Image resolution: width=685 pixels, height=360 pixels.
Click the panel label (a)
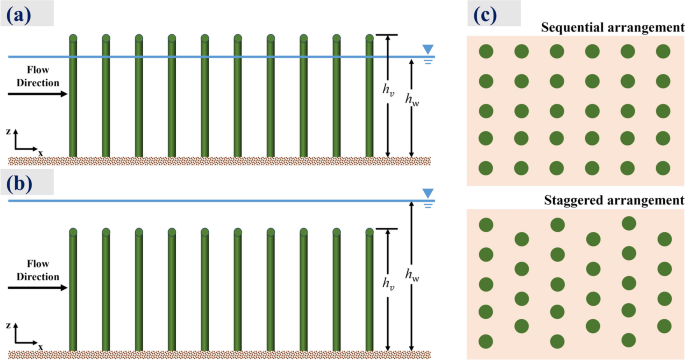coord(18,14)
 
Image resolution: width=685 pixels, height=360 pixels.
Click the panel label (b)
coord(18,184)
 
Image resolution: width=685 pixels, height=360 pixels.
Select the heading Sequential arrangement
coord(611,26)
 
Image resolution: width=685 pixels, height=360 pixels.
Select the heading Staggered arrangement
coord(614,201)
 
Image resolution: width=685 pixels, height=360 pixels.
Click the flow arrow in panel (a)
coord(38,95)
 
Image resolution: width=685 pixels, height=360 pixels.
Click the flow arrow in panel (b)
coord(38,288)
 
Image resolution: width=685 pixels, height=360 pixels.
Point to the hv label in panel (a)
coord(387,88)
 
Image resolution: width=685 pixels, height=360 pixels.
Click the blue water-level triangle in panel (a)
coord(429,49)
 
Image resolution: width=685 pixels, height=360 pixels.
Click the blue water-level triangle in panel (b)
coord(429,193)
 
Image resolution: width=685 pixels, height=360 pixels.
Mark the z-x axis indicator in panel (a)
coord(25,145)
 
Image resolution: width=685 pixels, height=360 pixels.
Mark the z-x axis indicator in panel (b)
coord(25,338)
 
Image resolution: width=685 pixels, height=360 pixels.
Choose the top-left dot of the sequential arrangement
coord(486,52)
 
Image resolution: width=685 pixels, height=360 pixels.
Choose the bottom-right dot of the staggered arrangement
coord(664,325)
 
